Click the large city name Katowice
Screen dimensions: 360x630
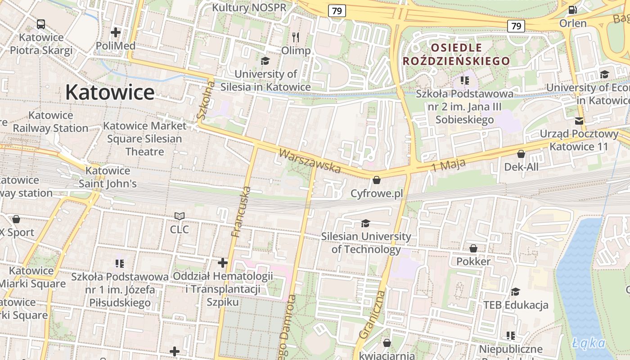click(x=110, y=92)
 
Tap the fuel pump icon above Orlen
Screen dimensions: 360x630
click(x=572, y=9)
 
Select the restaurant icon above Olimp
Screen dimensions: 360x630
click(x=296, y=36)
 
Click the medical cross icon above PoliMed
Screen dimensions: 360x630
click(x=116, y=32)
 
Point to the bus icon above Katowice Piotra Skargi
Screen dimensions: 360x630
click(x=41, y=24)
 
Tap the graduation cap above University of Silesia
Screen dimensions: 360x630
click(x=265, y=61)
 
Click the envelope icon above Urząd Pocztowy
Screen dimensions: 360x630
click(x=579, y=121)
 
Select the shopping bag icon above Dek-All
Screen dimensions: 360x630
click(x=521, y=154)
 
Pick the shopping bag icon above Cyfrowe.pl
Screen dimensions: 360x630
click(x=377, y=180)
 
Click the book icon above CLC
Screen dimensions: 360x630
click(x=180, y=216)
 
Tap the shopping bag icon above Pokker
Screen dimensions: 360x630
click(x=473, y=248)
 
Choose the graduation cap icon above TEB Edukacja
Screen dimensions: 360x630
click(x=516, y=292)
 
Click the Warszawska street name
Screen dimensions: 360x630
click(x=310, y=161)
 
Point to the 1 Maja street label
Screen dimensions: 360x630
click(x=448, y=166)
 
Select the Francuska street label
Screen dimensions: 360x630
click(x=240, y=211)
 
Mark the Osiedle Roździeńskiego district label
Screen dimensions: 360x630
click(x=456, y=54)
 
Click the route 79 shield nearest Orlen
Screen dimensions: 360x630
click(x=516, y=26)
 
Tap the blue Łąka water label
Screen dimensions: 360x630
click(x=589, y=343)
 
